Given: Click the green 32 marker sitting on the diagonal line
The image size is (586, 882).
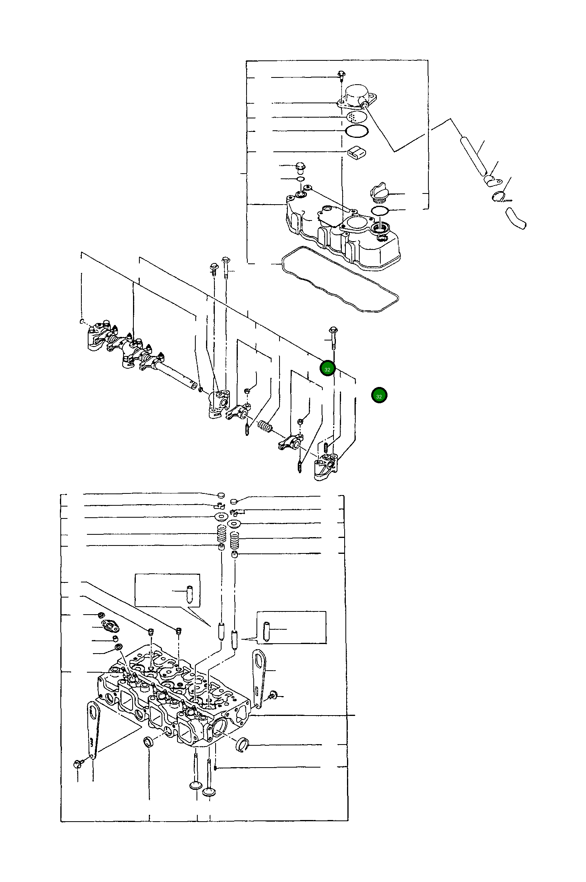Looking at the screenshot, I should pyautogui.click(x=328, y=369).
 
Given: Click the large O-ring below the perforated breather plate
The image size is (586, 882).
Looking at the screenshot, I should pyautogui.click(x=357, y=130).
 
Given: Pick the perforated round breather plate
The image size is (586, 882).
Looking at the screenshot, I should pyautogui.click(x=357, y=116).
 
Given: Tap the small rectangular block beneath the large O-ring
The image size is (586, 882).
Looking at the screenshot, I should pyautogui.click(x=357, y=152).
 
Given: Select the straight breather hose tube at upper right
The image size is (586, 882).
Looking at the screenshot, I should pyautogui.click(x=473, y=156).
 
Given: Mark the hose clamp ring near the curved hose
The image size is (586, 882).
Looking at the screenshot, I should pyautogui.click(x=499, y=196).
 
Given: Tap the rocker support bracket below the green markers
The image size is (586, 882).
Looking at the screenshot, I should pyautogui.click(x=326, y=468).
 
